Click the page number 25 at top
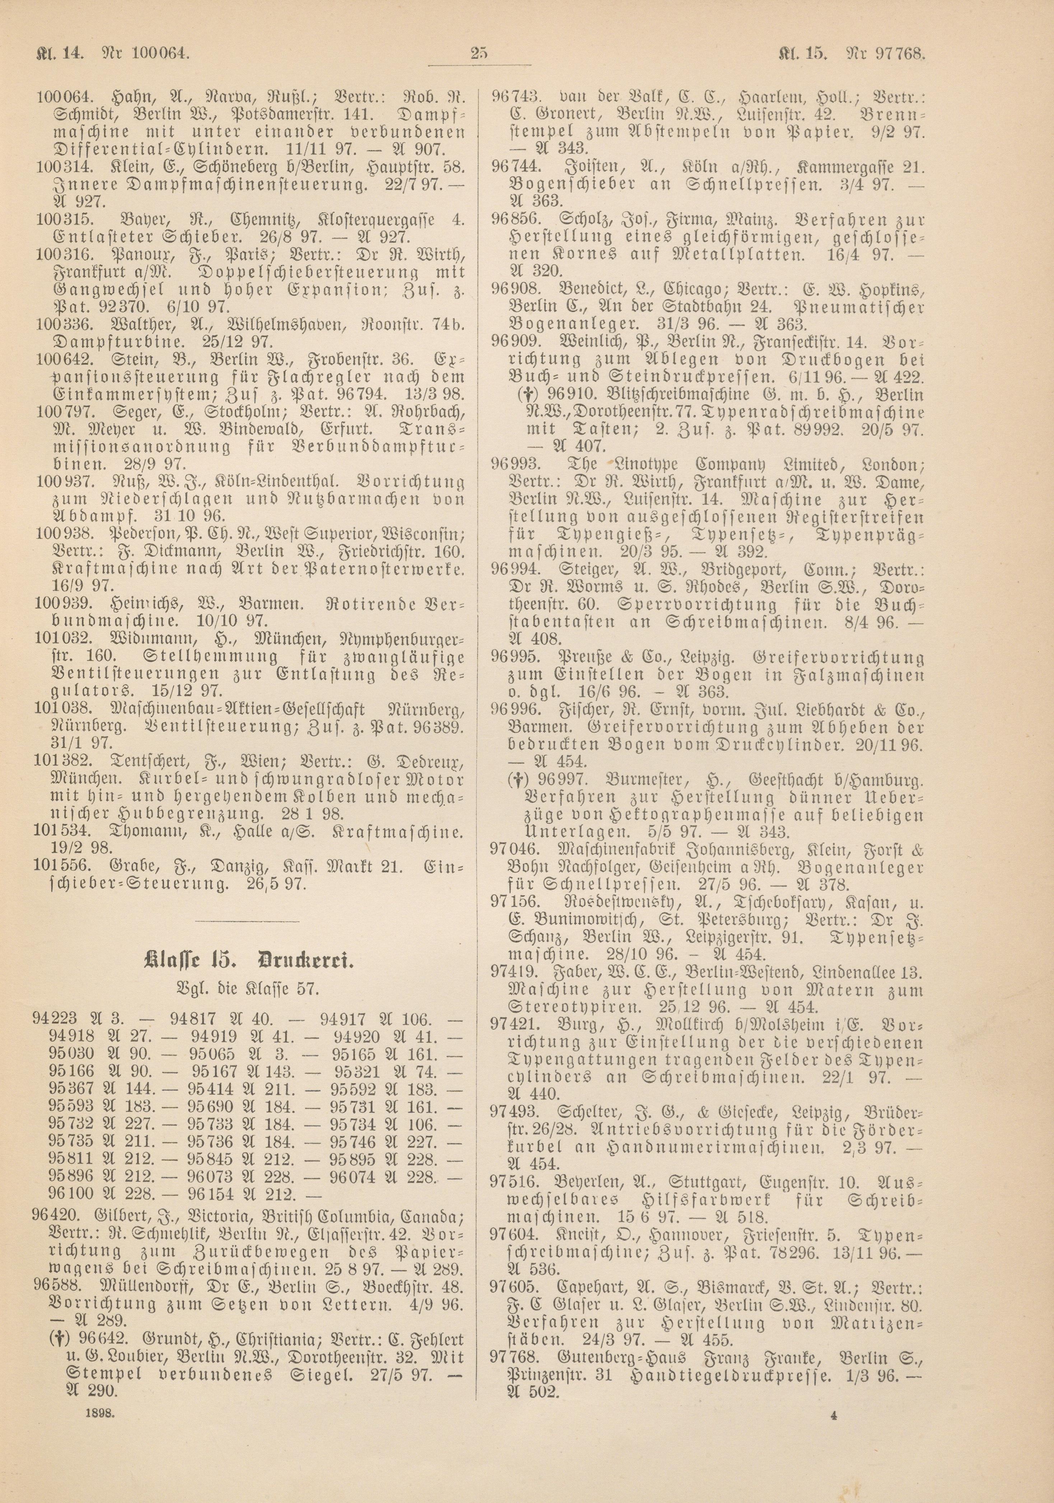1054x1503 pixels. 479,54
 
